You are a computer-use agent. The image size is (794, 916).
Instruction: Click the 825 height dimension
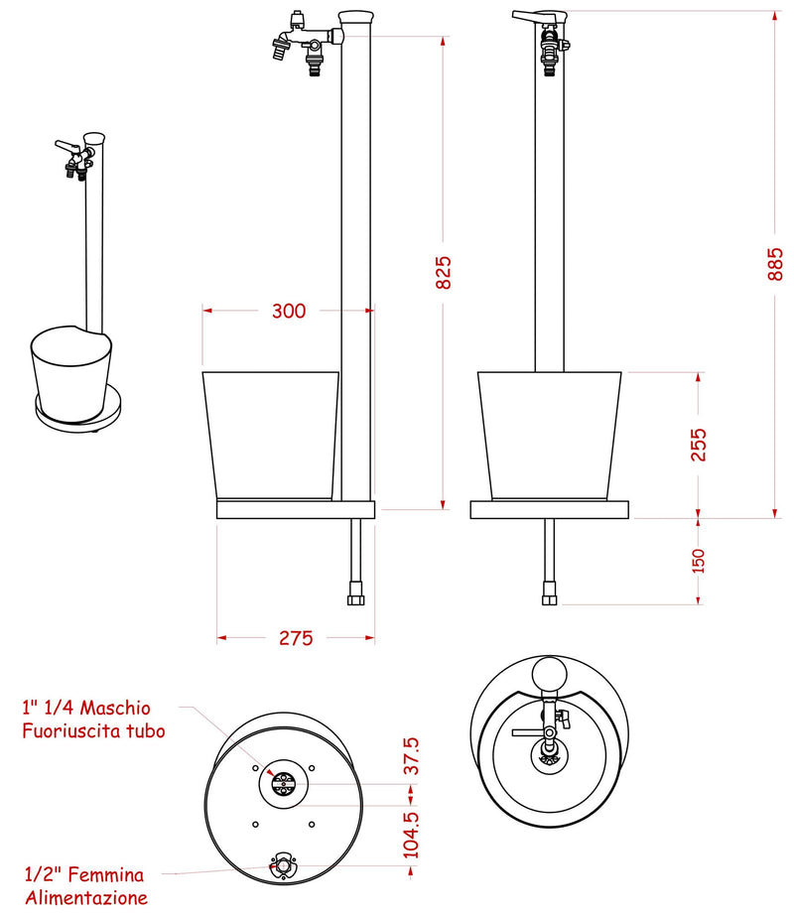[x=444, y=272]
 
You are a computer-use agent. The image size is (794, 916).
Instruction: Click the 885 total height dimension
[x=776, y=263]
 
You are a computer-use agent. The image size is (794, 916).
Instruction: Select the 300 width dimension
[x=288, y=311]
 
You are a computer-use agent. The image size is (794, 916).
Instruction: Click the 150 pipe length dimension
[x=699, y=561]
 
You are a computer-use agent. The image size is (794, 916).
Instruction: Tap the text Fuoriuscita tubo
[x=93, y=731]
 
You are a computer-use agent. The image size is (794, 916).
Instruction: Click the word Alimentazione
[x=86, y=897]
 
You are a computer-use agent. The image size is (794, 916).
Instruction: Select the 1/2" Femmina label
[x=83, y=874]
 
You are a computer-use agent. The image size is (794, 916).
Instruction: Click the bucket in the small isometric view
[x=69, y=372]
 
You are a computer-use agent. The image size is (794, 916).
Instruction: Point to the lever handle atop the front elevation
[x=537, y=17]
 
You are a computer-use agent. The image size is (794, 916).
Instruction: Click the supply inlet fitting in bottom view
[x=285, y=865]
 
